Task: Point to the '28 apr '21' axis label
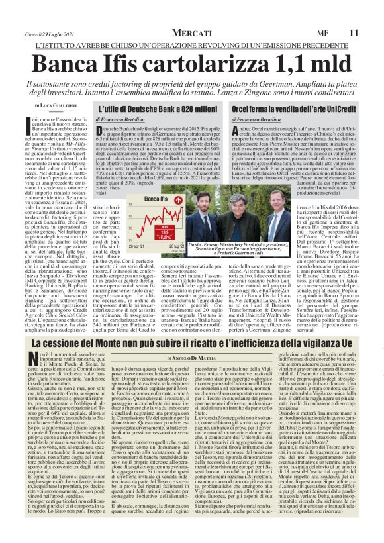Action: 131,245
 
